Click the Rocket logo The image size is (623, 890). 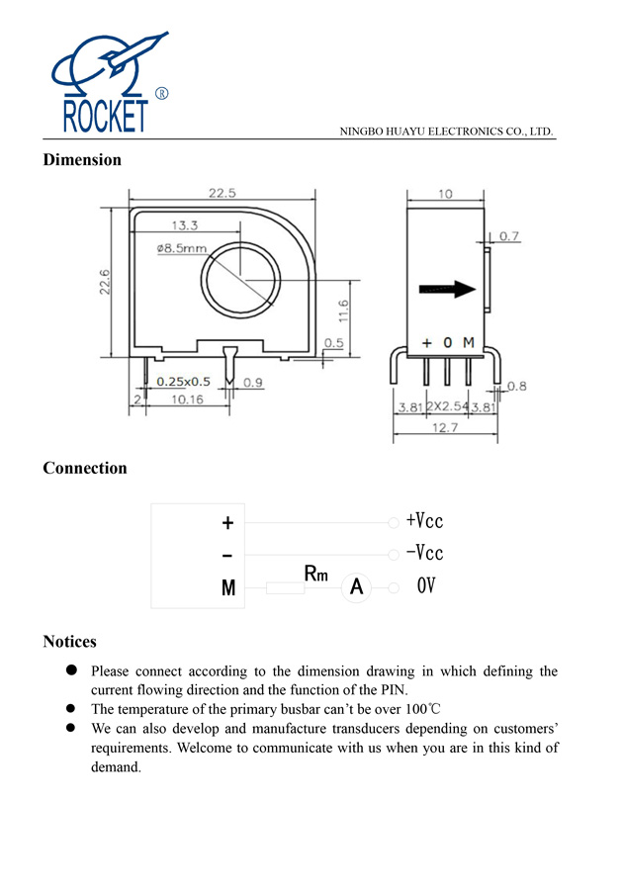(107, 84)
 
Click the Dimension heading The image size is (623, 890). (82, 160)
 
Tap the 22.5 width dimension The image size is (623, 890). (222, 194)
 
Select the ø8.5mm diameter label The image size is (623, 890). (181, 247)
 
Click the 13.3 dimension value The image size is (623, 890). (185, 226)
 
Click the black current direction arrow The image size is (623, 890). (446, 290)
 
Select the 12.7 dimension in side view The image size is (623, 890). (444, 427)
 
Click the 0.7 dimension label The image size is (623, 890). (509, 236)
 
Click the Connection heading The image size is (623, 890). (85, 469)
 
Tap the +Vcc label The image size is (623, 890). (424, 521)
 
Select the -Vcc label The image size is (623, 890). (424, 553)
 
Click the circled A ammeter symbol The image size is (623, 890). (356, 588)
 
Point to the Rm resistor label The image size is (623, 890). (315, 574)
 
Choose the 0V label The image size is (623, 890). (426, 586)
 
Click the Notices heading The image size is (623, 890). (69, 642)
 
